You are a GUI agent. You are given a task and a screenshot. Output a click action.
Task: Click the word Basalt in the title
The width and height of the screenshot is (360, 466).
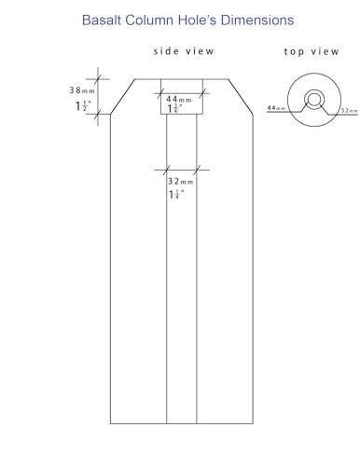[x=102, y=21]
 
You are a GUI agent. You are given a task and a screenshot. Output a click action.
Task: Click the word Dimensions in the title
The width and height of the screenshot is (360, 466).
[x=257, y=21]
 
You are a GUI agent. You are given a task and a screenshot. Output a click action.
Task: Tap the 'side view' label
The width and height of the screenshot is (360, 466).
[x=184, y=51]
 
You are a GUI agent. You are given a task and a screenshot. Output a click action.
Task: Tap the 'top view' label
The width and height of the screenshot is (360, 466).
[x=312, y=51]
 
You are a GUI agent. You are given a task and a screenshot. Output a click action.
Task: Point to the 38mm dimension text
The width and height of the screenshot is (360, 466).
[x=82, y=90]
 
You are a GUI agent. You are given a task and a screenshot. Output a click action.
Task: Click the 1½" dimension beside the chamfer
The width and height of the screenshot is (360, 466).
[x=83, y=106]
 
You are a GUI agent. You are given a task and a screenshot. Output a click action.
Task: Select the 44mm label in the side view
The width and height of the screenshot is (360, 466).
[x=179, y=100]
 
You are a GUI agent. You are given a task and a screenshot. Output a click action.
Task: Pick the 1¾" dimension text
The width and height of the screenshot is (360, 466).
[x=174, y=109]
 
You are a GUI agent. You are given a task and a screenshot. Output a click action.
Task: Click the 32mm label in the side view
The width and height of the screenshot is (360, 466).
[x=181, y=181]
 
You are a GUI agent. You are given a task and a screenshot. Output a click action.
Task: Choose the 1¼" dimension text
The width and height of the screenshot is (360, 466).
[x=176, y=195]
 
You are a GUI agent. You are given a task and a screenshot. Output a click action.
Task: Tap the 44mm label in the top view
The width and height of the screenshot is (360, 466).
[x=276, y=108]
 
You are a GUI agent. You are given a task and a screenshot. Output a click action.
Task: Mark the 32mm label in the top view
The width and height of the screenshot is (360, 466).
[x=349, y=110]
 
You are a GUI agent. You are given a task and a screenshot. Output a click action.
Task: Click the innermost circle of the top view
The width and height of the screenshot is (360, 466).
[x=314, y=94]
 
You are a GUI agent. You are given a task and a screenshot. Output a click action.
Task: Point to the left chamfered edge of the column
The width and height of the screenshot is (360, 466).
[x=123, y=97]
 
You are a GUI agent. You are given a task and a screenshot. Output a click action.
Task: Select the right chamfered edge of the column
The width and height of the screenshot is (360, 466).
[x=241, y=97]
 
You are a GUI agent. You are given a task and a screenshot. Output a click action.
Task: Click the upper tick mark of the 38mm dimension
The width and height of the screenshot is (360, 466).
[x=98, y=79]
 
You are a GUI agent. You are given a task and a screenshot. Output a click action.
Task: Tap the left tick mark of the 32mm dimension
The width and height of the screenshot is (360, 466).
[x=167, y=170]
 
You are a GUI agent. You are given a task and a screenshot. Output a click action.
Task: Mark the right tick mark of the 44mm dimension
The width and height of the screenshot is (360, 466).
[x=203, y=93]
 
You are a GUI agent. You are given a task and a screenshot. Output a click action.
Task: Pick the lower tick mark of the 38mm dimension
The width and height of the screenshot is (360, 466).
[x=98, y=114]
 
